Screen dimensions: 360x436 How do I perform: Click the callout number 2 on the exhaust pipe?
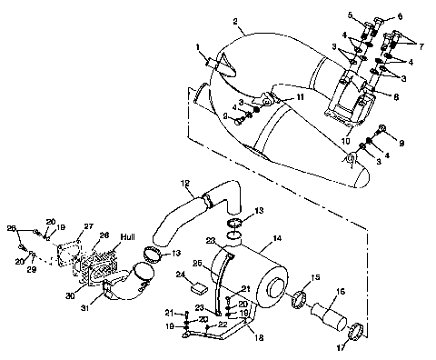pyautogui.click(x=235, y=22)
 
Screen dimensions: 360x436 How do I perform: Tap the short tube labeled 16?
pyautogui.click(x=328, y=318)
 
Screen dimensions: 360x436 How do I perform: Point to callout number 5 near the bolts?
pyautogui.click(x=349, y=15)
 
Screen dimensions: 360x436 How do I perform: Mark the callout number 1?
pyautogui.click(x=195, y=46)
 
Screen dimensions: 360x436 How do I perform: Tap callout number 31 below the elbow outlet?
pyautogui.click(x=110, y=311)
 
